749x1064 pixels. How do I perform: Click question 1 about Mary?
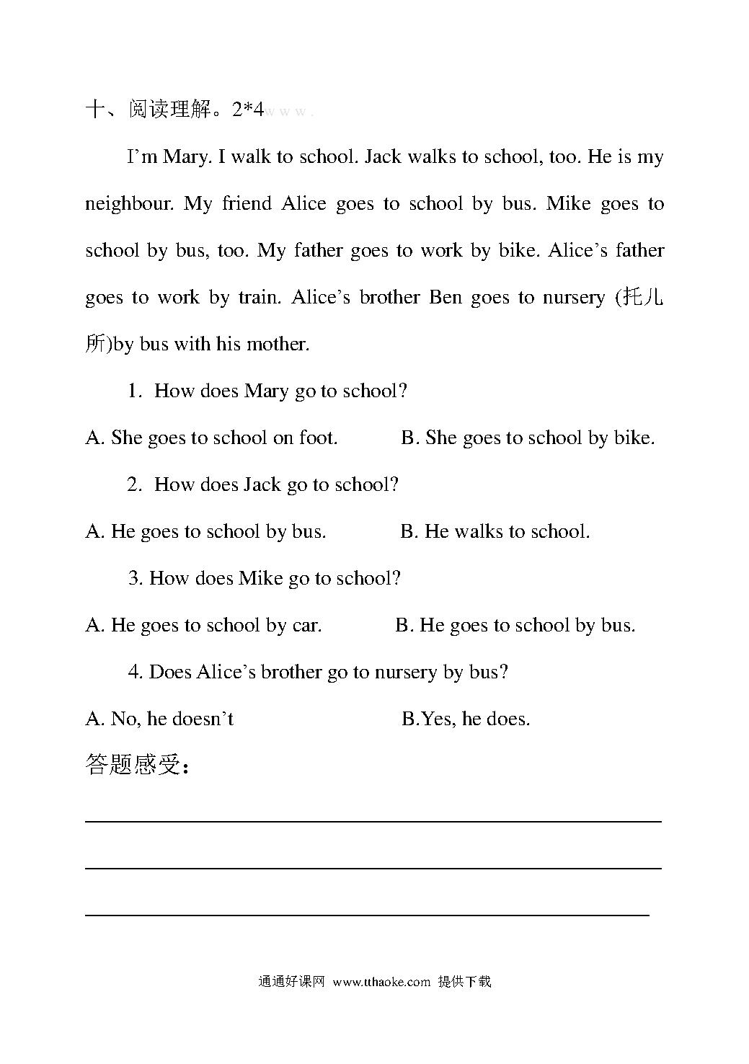(267, 391)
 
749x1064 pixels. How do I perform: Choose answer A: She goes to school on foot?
(211, 438)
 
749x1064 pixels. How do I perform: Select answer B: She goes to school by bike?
(528, 438)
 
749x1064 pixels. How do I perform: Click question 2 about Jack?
(263, 485)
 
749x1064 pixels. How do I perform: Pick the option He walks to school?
(495, 532)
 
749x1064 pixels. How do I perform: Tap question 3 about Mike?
(265, 579)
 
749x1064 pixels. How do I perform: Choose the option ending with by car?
(203, 626)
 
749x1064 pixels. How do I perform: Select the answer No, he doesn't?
(159, 719)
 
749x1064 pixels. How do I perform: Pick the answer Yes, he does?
(466, 719)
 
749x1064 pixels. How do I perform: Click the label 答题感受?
(137, 765)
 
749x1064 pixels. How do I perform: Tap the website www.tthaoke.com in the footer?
(382, 982)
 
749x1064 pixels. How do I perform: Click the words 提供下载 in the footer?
(464, 982)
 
